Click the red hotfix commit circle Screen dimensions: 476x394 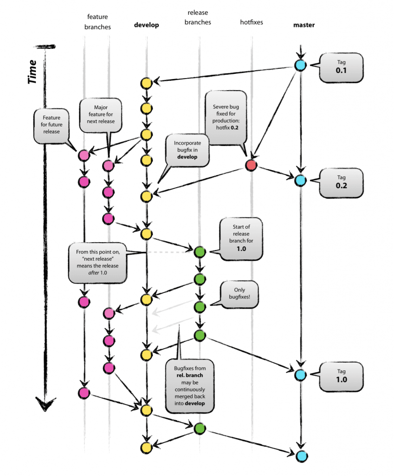pyautogui.click(x=251, y=165)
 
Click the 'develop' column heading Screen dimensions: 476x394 pyautogui.click(x=146, y=25)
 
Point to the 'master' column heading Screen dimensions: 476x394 pyautogui.click(x=304, y=25)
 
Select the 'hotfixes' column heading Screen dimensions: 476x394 pyautogui.click(x=252, y=22)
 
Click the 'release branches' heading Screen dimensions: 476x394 pyautogui.click(x=199, y=18)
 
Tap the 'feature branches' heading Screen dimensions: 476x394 pyautogui.click(x=97, y=22)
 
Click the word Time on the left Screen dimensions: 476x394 pyautogui.click(x=32, y=72)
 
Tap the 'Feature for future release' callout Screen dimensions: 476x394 pyautogui.click(x=51, y=125)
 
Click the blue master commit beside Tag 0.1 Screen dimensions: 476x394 pyautogui.click(x=300, y=66)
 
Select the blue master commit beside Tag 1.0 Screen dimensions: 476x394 pyautogui.click(x=300, y=375)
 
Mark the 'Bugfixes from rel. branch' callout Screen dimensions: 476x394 pyautogui.click(x=190, y=385)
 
